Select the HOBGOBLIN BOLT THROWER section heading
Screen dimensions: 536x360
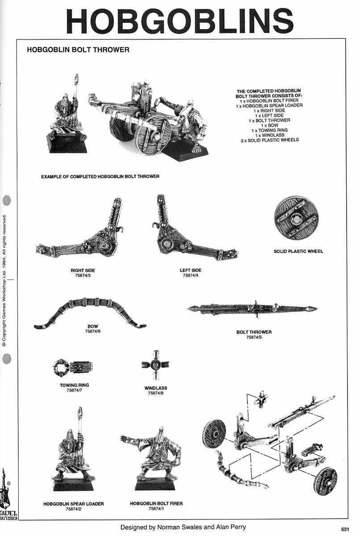(x=78, y=50)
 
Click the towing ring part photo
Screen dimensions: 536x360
(x=72, y=368)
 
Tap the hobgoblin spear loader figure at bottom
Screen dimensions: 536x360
(x=73, y=451)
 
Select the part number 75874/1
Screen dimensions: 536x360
(x=156, y=508)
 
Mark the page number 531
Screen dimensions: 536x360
(x=344, y=529)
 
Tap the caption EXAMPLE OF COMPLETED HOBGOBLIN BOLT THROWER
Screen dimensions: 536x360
(x=100, y=176)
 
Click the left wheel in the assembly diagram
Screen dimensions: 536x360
(x=214, y=434)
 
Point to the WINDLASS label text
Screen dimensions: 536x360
(x=155, y=388)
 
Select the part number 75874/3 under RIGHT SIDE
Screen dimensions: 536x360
(x=83, y=276)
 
